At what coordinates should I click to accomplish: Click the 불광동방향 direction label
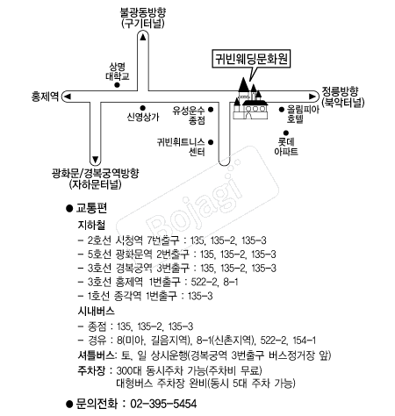click(145, 19)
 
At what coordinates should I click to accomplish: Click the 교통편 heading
click(92, 208)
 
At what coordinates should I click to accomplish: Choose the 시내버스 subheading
click(95, 311)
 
